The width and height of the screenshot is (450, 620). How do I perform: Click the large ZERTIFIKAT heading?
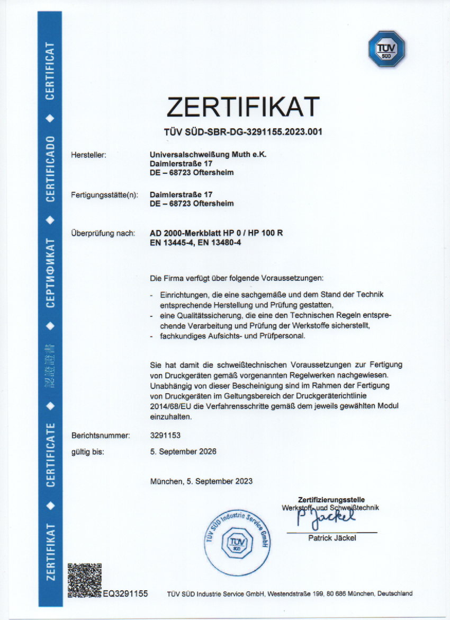[243, 107]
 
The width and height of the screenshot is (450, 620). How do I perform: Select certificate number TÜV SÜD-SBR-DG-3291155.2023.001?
[243, 132]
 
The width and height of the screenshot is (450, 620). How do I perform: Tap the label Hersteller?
[89, 155]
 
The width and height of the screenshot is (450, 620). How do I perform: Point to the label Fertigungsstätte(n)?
[104, 195]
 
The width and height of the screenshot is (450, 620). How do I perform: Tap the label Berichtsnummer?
[101, 436]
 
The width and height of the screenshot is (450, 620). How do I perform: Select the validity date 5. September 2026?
[183, 451]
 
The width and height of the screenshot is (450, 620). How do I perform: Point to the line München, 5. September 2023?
[201, 481]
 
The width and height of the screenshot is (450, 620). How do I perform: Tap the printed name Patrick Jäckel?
[332, 538]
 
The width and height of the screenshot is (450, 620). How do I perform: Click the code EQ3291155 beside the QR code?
[125, 594]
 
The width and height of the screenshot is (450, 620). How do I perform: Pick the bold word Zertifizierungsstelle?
[331, 499]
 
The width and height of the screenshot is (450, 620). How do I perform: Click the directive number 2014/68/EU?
[170, 405]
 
